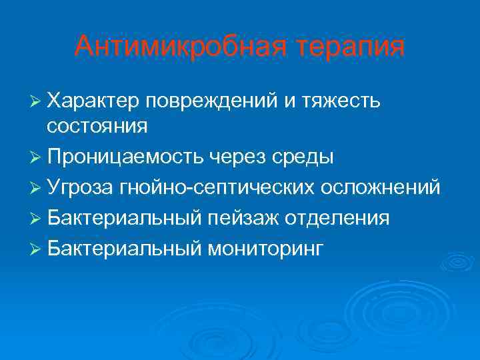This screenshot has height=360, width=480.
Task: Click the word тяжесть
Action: click(341, 101)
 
